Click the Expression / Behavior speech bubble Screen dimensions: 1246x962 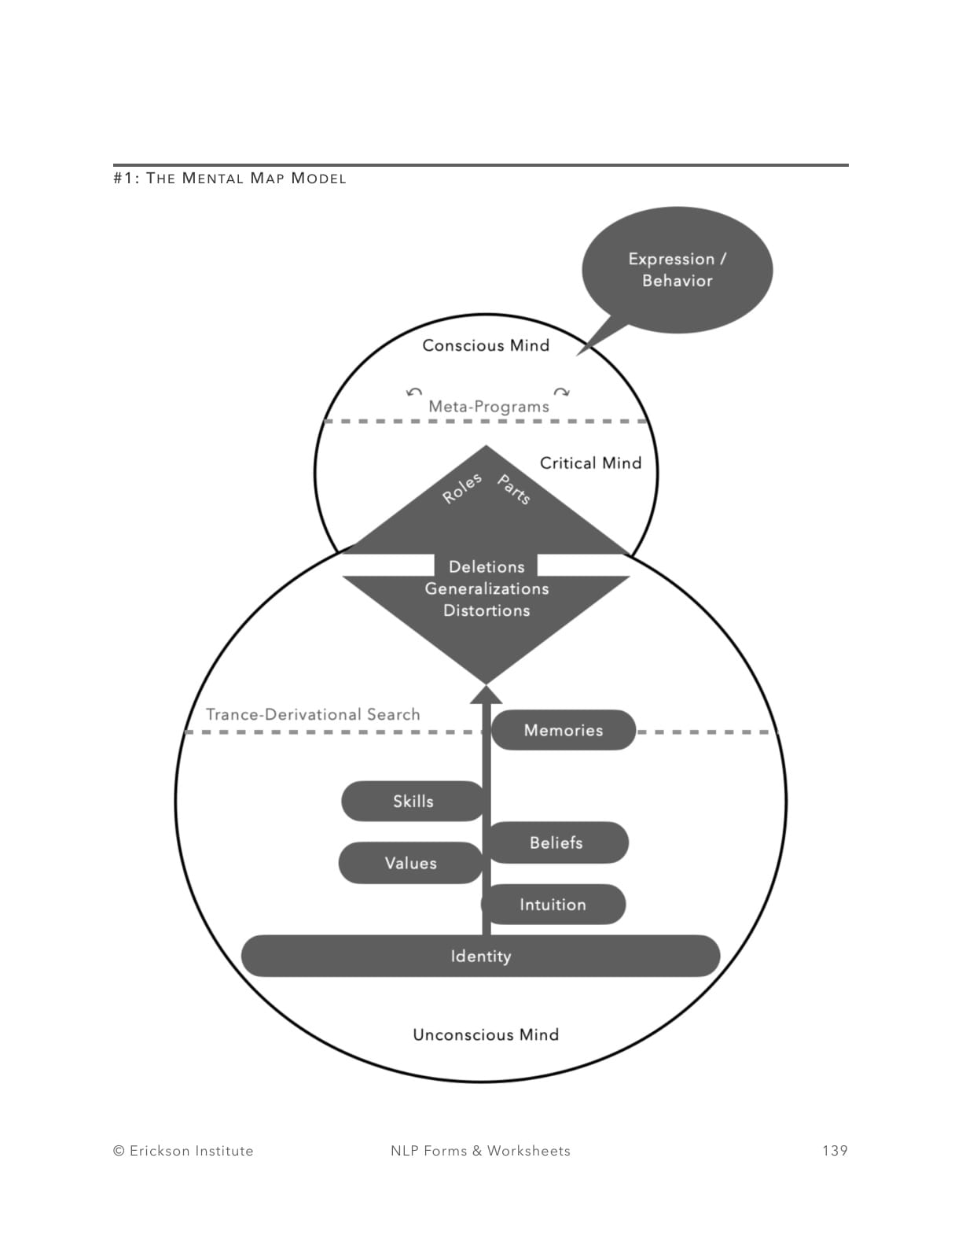pyautogui.click(x=677, y=270)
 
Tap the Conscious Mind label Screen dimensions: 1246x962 pyautogui.click(x=486, y=345)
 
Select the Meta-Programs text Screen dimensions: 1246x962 pyautogui.click(x=488, y=407)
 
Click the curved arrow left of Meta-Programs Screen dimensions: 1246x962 pyautogui.click(x=414, y=392)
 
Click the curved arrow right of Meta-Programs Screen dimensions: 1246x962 pyautogui.click(x=561, y=392)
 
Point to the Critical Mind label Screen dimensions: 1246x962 pyautogui.click(x=590, y=463)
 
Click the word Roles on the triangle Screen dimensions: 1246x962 pyautogui.click(x=461, y=489)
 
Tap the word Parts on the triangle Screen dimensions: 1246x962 pyautogui.click(x=514, y=489)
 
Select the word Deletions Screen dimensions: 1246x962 pyautogui.click(x=487, y=566)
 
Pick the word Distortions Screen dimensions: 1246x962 pyautogui.click(x=487, y=610)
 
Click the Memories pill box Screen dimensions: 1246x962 pyautogui.click(x=564, y=730)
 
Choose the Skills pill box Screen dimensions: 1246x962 pyautogui.click(x=413, y=801)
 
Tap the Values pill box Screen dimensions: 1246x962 pyautogui.click(x=410, y=863)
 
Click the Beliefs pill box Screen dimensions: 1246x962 pyautogui.click(x=556, y=842)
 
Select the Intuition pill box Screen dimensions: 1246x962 pyautogui.click(x=553, y=905)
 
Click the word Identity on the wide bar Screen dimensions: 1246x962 pyautogui.click(x=481, y=957)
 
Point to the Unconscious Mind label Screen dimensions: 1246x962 pyautogui.click(x=486, y=1034)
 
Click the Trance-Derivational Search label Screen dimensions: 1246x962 pyautogui.click(x=313, y=714)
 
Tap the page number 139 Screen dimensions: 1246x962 pyautogui.click(x=835, y=1151)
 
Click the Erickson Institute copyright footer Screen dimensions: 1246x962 pyautogui.click(x=183, y=1151)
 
